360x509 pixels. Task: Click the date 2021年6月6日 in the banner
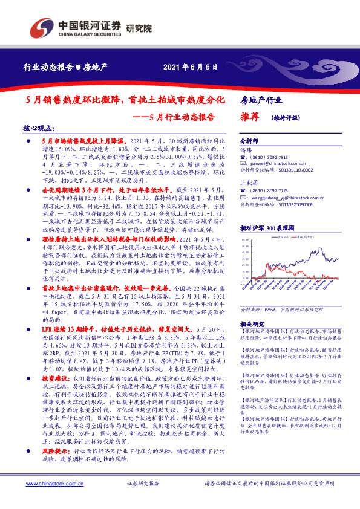point(189,66)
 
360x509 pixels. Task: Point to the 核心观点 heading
point(38,129)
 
